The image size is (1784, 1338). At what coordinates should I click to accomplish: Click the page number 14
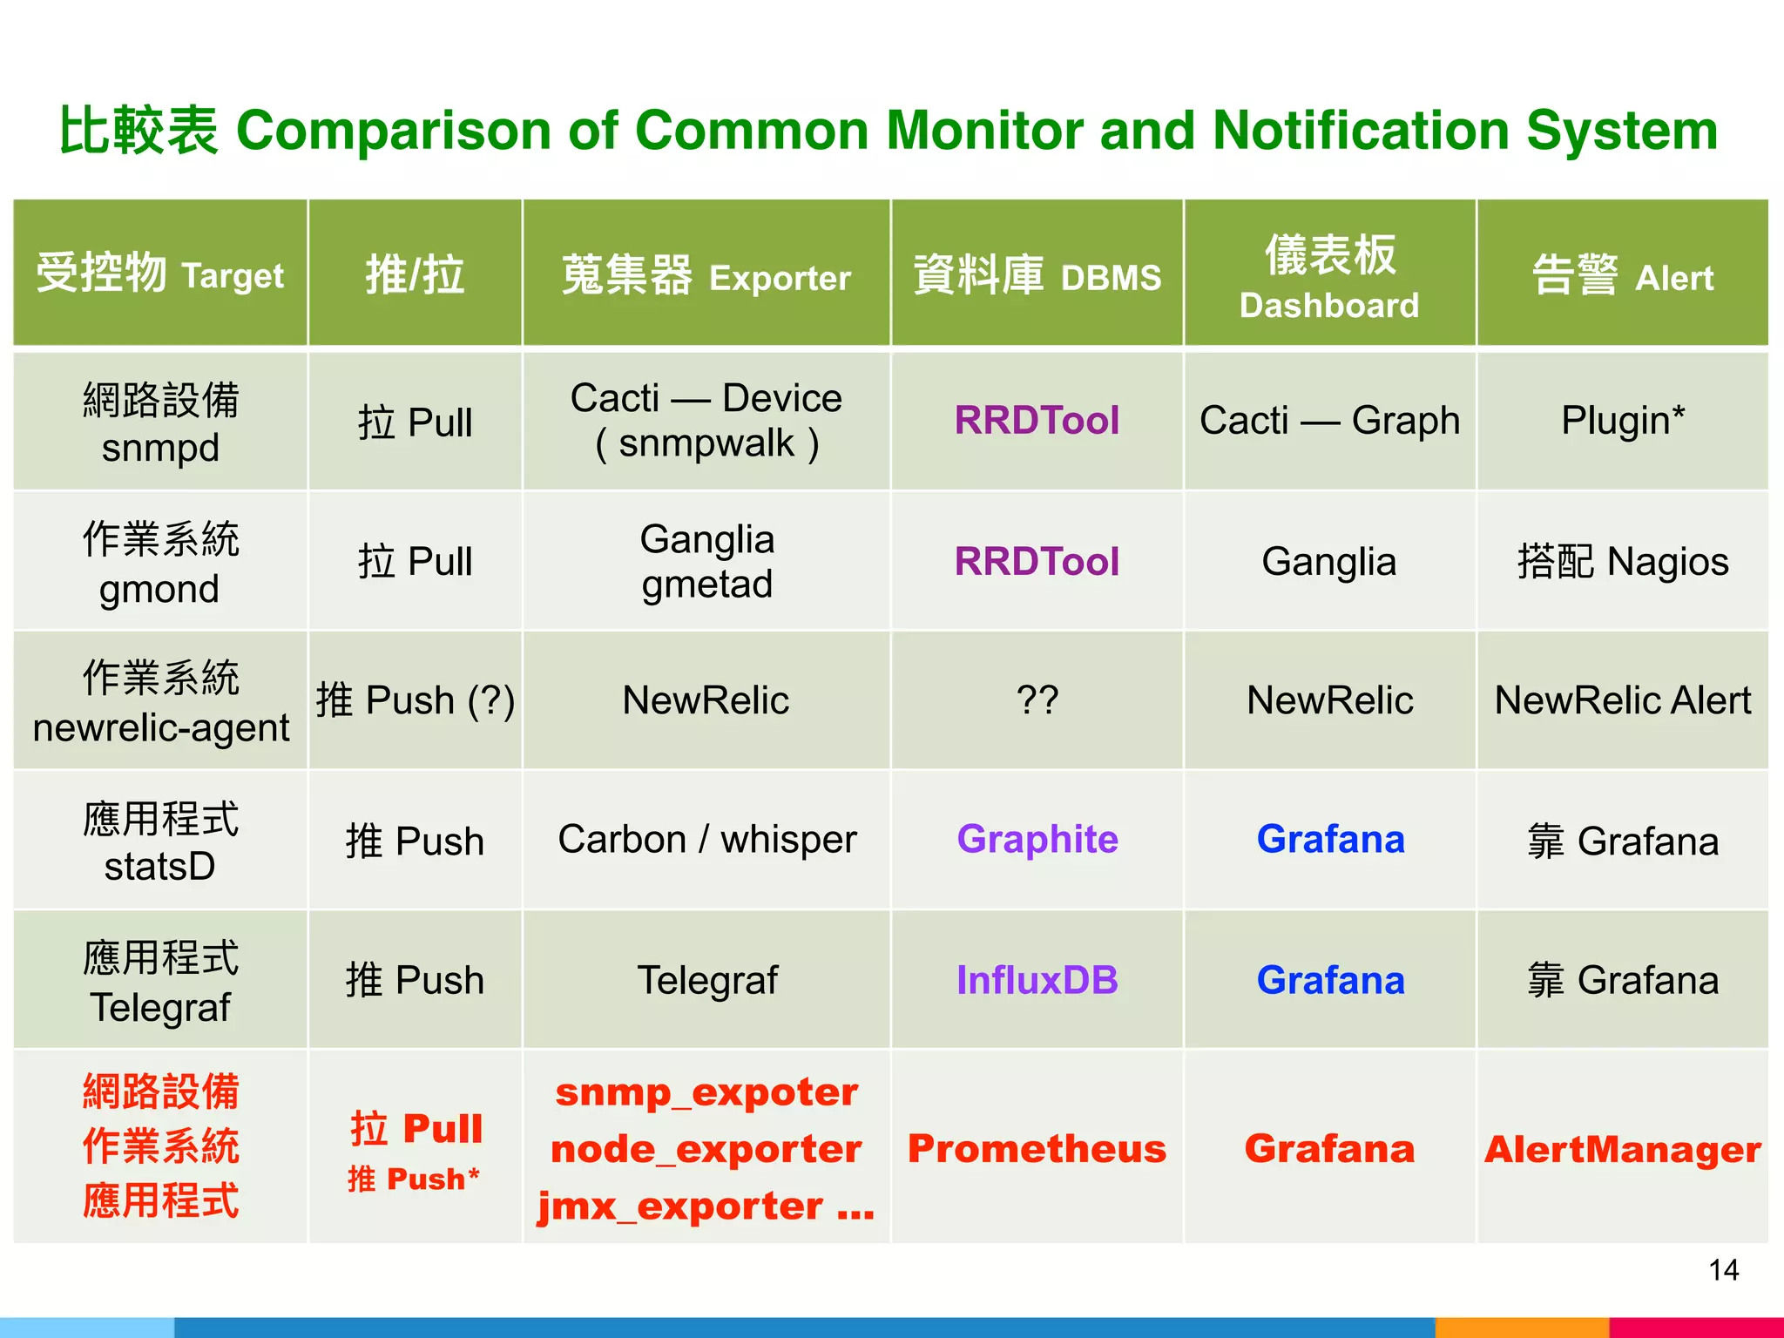pos(1723,1270)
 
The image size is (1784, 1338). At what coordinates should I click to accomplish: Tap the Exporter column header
pos(706,276)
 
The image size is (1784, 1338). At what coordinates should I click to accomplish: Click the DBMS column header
pos(1037,276)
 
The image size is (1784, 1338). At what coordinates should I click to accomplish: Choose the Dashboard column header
pos(1329,276)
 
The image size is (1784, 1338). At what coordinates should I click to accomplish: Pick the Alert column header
pos(1622,276)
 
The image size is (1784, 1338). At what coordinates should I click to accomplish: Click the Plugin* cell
pos(1622,421)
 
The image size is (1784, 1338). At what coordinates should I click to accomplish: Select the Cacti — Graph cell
pos(1329,421)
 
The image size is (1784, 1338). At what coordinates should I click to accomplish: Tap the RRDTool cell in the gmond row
pos(1037,561)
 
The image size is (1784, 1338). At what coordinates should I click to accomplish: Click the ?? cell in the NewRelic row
pos(1037,700)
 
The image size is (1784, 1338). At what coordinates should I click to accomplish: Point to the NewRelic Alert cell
pos(1622,700)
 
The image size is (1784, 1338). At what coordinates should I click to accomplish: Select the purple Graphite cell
pos(1037,839)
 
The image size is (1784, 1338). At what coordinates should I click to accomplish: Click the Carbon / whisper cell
pos(706,839)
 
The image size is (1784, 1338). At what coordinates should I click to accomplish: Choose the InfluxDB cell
pos(1037,980)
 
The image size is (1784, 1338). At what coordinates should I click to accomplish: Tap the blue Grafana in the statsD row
pos(1330,839)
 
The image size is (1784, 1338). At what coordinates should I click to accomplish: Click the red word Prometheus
pos(1037,1148)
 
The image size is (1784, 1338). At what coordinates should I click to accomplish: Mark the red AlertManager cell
pos(1622,1149)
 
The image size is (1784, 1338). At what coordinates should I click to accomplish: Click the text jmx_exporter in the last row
pos(680,1206)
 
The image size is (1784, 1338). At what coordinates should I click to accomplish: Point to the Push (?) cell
pos(416,700)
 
